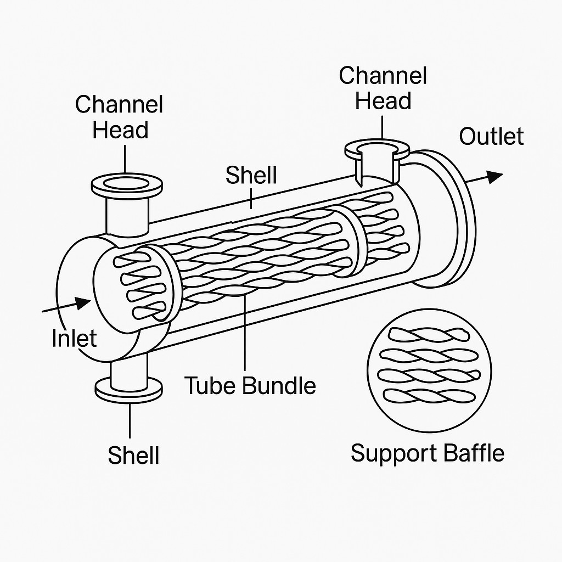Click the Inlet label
(x=74, y=338)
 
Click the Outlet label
(x=491, y=136)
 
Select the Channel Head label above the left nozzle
(x=120, y=117)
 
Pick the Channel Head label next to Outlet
(x=383, y=88)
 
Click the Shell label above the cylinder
(x=251, y=175)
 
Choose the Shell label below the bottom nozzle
(x=133, y=455)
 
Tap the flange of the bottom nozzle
(x=129, y=389)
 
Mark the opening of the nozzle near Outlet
(x=376, y=148)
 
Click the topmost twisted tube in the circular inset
(x=426, y=335)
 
